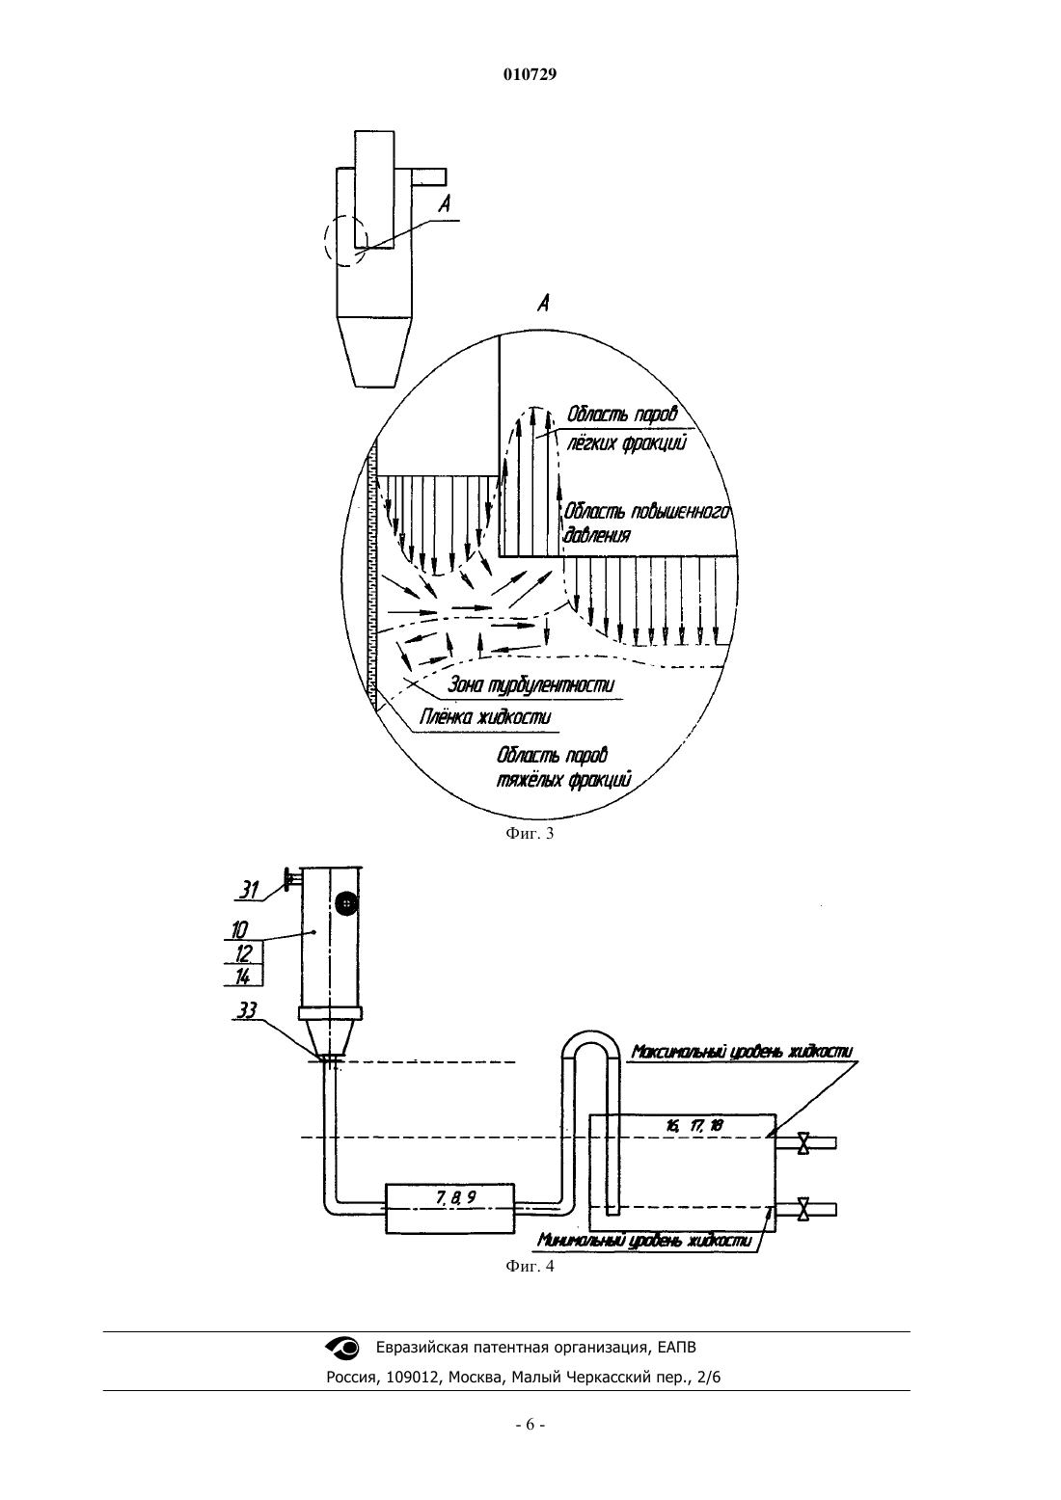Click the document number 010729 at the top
(x=530, y=74)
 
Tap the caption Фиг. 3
(x=530, y=833)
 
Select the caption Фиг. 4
(x=530, y=1266)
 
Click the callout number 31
(x=249, y=890)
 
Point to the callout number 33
(x=247, y=1010)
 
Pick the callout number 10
(x=239, y=930)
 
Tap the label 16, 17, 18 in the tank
(x=694, y=1126)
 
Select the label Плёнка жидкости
(x=485, y=717)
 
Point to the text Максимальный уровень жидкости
(x=742, y=1052)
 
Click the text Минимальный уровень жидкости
(x=644, y=1241)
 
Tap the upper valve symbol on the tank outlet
(x=803, y=1143)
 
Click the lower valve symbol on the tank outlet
(x=803, y=1209)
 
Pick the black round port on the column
(x=345, y=903)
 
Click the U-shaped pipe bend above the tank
(x=590, y=1035)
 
